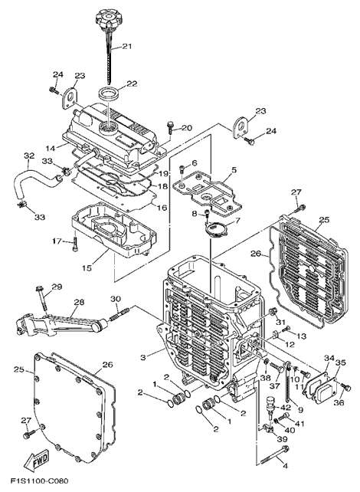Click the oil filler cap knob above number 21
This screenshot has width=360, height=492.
(106, 18)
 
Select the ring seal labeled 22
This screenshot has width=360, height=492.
(109, 93)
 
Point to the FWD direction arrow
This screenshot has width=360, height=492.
(36, 462)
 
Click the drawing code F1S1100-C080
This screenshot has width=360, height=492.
(40, 482)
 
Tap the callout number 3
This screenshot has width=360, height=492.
(143, 357)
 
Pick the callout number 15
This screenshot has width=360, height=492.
(87, 267)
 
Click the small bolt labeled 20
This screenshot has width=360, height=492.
(171, 127)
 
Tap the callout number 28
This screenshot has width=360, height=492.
(79, 302)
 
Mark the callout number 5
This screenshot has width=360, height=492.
(234, 171)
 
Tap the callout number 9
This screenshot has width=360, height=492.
(301, 410)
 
